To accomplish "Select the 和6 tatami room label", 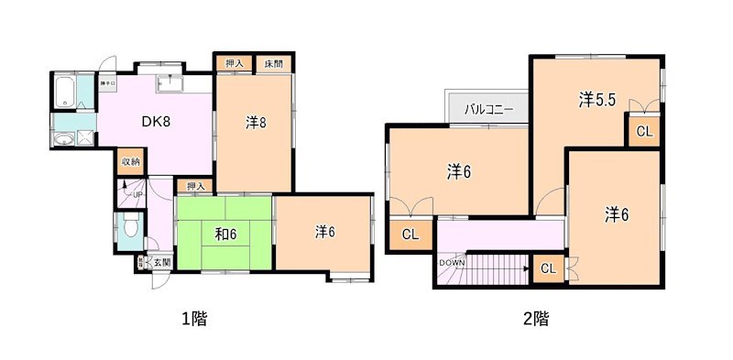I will [226, 235].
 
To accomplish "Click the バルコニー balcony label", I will [487, 110].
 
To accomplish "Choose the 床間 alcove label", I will [273, 63].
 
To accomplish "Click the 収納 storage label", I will [132, 162].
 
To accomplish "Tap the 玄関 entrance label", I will [161, 263].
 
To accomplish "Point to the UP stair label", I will [137, 195].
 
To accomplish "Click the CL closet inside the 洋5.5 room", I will [644, 131].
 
